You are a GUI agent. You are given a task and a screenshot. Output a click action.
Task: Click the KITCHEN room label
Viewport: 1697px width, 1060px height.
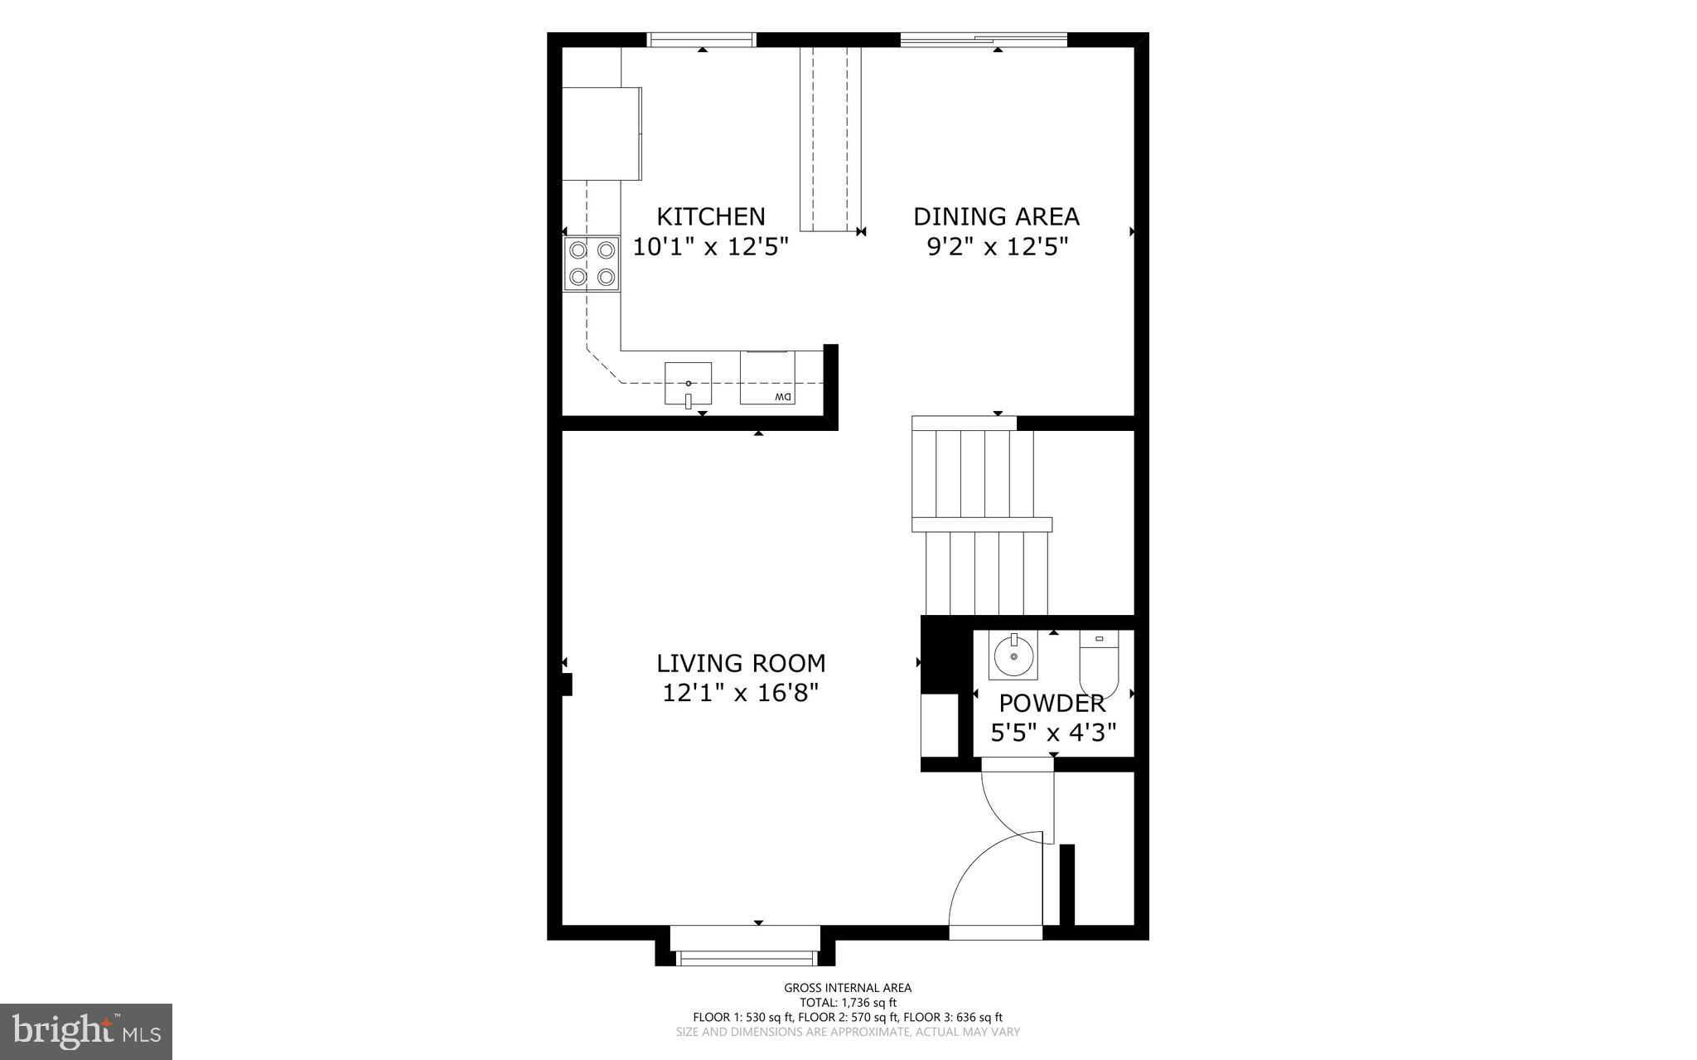coord(710,216)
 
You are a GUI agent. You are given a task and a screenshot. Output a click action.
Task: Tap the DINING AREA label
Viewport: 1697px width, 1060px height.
coord(996,216)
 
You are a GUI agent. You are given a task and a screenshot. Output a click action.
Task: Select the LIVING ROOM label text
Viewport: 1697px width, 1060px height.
coord(741,663)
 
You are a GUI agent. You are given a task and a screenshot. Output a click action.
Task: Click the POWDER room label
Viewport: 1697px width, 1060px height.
coord(1052,704)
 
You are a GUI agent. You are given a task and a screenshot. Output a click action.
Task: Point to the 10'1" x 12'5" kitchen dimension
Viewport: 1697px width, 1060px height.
coord(710,247)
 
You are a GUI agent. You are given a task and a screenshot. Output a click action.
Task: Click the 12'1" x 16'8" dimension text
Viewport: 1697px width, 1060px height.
coord(741,693)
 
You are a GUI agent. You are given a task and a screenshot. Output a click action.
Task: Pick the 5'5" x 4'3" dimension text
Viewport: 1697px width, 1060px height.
coord(1053,733)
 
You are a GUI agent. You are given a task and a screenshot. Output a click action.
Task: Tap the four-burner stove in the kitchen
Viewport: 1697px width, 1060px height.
coord(592,264)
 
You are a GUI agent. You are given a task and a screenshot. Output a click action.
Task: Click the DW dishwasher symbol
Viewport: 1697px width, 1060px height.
coord(767,378)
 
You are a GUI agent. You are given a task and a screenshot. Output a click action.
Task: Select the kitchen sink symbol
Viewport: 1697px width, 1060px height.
coord(688,383)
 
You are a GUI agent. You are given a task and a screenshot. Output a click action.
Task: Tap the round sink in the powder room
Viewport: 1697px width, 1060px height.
coord(1013,656)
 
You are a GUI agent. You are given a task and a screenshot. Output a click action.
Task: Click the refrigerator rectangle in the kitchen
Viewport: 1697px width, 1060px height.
coord(602,133)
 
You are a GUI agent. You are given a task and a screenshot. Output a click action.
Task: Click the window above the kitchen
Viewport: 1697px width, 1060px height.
coord(701,39)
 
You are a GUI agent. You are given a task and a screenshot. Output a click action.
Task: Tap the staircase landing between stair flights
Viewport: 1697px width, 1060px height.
coord(981,525)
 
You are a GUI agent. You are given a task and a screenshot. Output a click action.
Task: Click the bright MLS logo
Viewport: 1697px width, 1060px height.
coord(86,1031)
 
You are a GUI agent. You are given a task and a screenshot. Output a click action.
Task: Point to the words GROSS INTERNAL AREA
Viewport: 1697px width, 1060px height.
coord(848,988)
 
